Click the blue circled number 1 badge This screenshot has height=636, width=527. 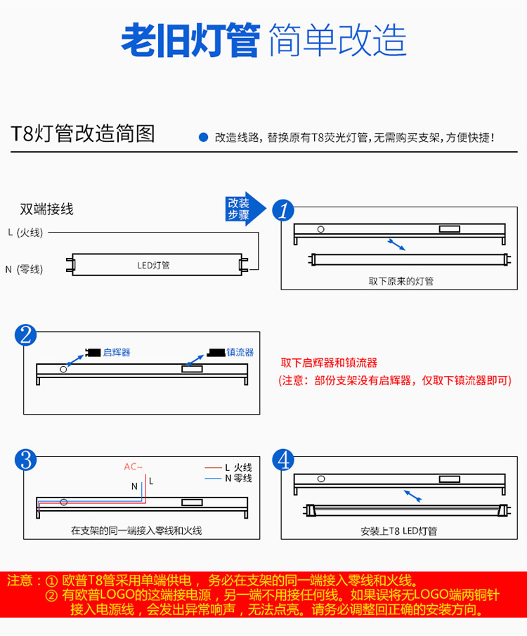(x=283, y=210)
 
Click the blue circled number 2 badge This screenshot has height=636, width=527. (x=25, y=335)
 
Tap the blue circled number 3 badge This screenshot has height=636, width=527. (x=25, y=460)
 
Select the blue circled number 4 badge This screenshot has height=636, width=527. (x=283, y=460)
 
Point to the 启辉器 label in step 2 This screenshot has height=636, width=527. (x=117, y=352)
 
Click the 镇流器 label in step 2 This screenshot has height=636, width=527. (x=240, y=352)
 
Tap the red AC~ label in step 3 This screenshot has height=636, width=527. (x=134, y=467)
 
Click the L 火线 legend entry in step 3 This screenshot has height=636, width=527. (x=228, y=467)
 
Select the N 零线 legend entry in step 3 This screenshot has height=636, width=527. (x=228, y=479)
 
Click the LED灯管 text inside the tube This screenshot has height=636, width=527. (x=153, y=265)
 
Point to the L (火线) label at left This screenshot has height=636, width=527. (x=25, y=233)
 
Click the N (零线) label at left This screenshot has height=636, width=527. (x=24, y=269)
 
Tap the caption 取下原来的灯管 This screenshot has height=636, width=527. (x=401, y=281)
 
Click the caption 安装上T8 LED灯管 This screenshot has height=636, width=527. (x=399, y=531)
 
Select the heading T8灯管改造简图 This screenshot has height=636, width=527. (x=83, y=134)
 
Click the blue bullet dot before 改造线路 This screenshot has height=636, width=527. (x=203, y=138)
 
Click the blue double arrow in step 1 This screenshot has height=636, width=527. (x=396, y=245)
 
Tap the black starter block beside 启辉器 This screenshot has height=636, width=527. (x=93, y=352)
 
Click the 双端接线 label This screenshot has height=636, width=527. (x=46, y=209)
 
